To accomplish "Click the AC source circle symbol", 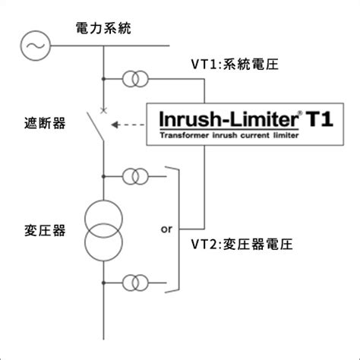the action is tap(35, 31).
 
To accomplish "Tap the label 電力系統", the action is tap(103, 28).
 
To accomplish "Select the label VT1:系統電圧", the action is tap(235, 64).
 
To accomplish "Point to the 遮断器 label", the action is tap(45, 123).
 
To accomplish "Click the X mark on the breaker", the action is tap(103, 110).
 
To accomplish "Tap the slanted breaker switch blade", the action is tap(96, 127).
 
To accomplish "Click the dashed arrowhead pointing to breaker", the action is tap(115, 125).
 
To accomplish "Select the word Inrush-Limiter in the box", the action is tap(229, 119).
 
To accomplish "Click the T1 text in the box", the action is tap(320, 119).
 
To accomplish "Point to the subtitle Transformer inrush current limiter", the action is tap(229, 135).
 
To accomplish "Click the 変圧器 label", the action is tap(45, 230).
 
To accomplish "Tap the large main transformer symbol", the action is tap(103, 201).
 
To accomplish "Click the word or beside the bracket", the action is tap(166, 229).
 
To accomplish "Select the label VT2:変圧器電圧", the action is tap(242, 245).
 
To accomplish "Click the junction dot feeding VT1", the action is tap(103, 79).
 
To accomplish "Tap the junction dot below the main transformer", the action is tap(103, 283).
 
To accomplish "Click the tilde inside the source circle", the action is tap(36, 46).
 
